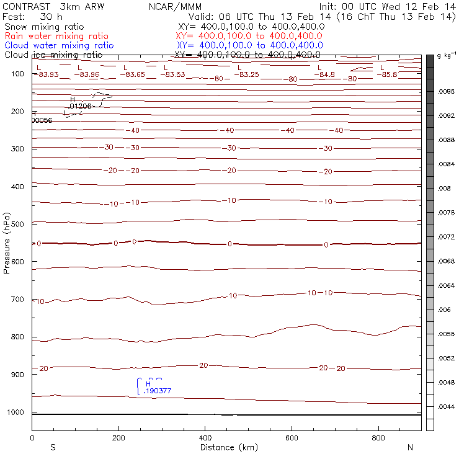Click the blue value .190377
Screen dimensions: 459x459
157,391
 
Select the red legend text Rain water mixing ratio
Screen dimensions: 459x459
56,37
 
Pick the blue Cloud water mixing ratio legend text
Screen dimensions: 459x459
59,45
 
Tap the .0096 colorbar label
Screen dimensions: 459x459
447,91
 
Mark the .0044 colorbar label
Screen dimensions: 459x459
447,407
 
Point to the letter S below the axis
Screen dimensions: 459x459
53,447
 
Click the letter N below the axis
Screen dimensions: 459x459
409,447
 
